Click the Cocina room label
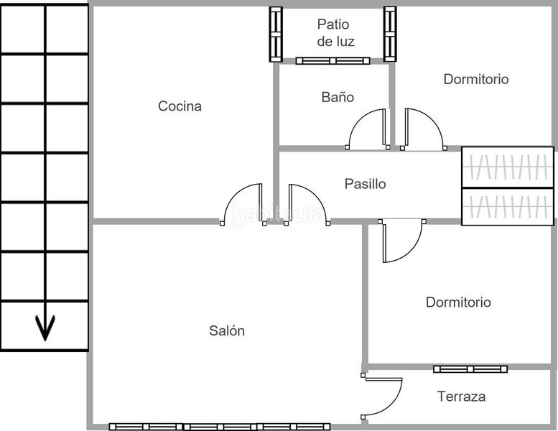pos(180,106)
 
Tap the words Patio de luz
pos(335,33)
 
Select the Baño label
pos(337,97)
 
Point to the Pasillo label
pos(365,184)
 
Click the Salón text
pos(227,330)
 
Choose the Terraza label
pos(461,396)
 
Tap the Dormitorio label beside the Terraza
pos(458,302)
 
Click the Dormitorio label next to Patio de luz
pos(475,79)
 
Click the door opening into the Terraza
pos(382,395)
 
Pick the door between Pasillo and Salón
pos(307,205)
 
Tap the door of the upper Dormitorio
pos(423,130)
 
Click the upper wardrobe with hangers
pos(507,167)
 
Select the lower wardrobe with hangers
pos(507,207)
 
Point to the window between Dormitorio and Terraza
pos(470,369)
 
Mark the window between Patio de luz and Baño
pos(333,61)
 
